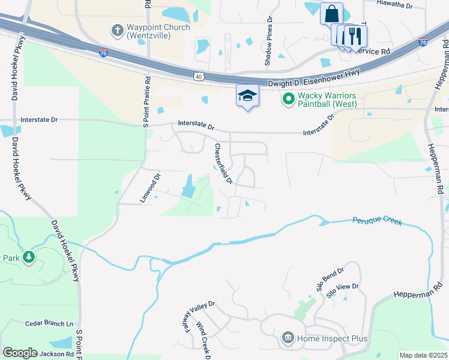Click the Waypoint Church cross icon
pos(116,29)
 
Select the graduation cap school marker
pos(247,95)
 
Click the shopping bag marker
pos(331,13)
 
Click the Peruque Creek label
pos(377,221)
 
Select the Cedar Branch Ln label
pos(49,323)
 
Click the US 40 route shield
pos(198,76)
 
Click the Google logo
pos(20,353)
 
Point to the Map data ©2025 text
pos(423,355)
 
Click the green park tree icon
pos(28,258)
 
